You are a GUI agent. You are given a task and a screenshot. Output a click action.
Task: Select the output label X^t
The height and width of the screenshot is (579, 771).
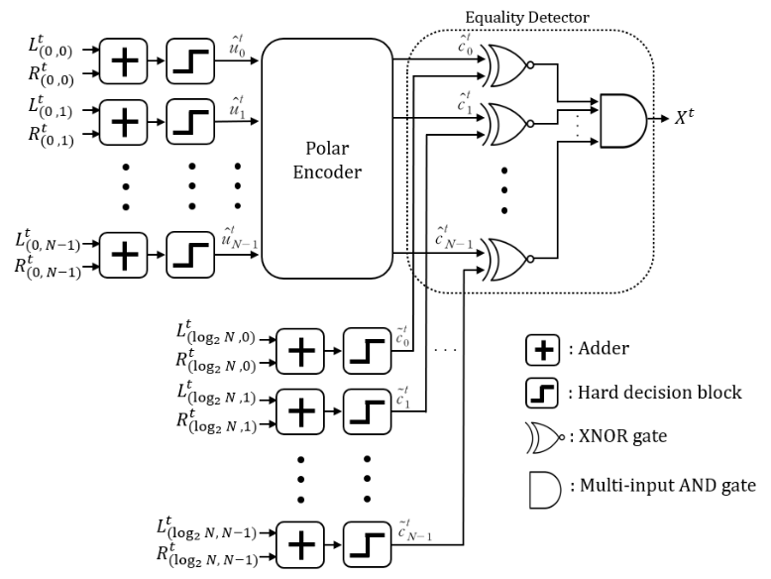click(686, 118)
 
